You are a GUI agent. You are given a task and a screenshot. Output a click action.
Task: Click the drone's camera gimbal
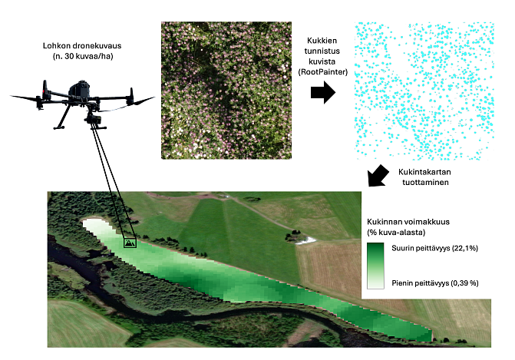click(94, 119)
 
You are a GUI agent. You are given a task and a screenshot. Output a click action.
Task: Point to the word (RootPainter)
click(322, 72)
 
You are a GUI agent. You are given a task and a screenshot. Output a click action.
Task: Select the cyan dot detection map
click(424, 91)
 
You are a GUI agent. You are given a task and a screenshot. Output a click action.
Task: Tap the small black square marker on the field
click(130, 243)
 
